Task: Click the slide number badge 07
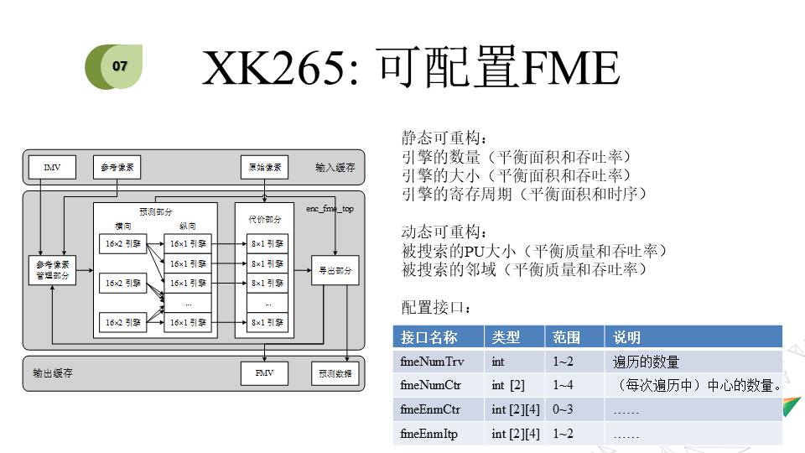[120, 65]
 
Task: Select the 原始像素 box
[265, 167]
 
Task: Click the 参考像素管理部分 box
[53, 269]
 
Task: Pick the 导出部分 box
[335, 270]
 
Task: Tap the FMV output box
[265, 372]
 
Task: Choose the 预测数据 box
[335, 373]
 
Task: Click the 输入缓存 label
[335, 167]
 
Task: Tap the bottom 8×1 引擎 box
[267, 322]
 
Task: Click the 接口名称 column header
[429, 337]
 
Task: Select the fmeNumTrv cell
[433, 362]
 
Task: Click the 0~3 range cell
[563, 409]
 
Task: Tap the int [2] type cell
[508, 386]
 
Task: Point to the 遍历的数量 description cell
[646, 362]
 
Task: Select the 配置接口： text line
[436, 309]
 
